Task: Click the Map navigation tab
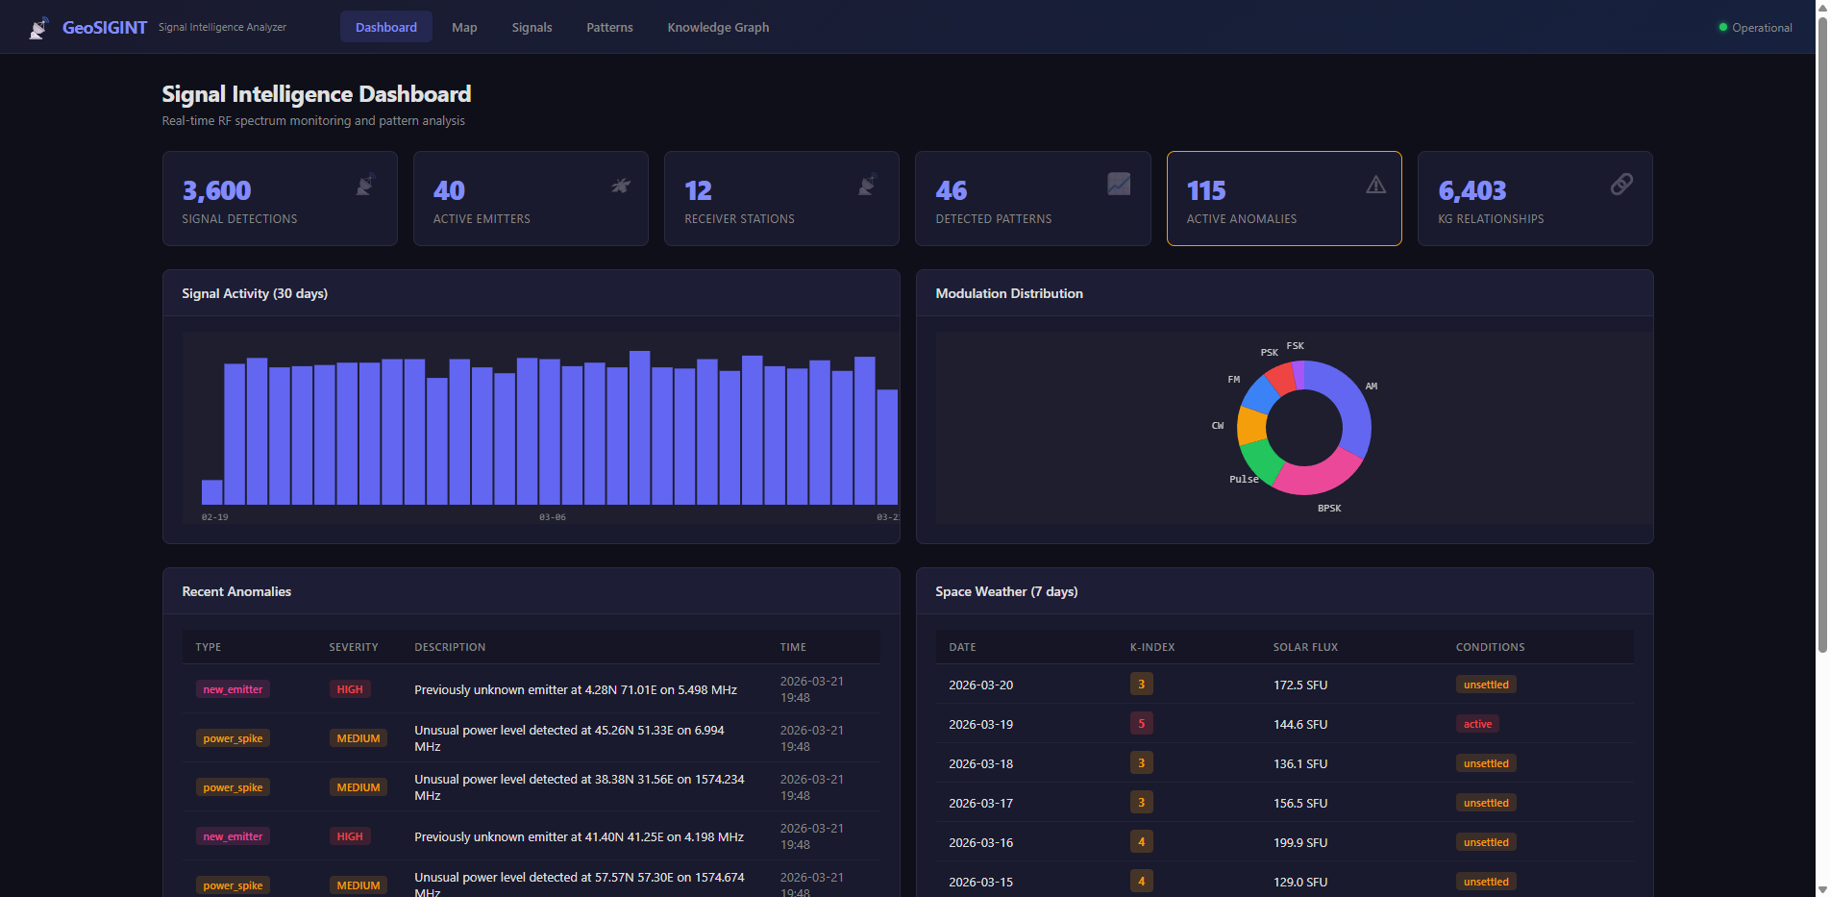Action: point(464,27)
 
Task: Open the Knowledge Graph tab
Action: point(718,27)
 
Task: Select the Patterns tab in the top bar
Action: point(609,27)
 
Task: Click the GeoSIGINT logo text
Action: point(104,27)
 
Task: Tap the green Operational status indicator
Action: point(1723,27)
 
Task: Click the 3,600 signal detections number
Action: point(216,190)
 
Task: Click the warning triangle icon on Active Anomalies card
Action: point(1375,185)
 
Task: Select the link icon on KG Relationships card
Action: point(1620,184)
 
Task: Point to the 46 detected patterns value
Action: point(951,190)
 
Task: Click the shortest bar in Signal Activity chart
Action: point(211,492)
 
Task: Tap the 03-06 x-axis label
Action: point(552,517)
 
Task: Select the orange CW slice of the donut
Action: point(1251,426)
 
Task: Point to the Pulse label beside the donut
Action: point(1243,479)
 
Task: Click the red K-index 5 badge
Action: point(1141,723)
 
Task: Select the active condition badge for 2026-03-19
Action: point(1477,724)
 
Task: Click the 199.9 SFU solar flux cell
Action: point(1299,842)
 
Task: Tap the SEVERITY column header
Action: point(353,647)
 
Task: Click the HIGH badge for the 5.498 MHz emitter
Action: point(350,689)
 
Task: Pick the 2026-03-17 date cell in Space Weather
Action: point(980,803)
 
